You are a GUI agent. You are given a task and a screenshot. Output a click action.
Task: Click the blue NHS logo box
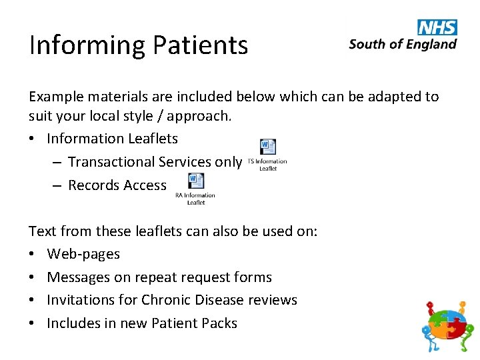[x=437, y=27]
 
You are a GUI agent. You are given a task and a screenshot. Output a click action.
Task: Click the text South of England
[x=403, y=44]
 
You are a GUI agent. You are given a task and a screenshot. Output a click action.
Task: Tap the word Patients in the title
[x=201, y=46]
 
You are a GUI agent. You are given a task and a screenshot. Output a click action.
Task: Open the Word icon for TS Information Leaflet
[x=267, y=147]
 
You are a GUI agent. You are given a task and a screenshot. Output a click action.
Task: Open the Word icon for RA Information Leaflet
[x=195, y=181]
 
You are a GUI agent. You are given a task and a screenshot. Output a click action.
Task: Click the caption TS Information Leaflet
[x=267, y=165]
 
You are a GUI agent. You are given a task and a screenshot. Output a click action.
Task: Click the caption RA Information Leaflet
[x=195, y=199]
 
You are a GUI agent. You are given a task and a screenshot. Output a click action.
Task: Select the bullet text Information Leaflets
[x=112, y=139]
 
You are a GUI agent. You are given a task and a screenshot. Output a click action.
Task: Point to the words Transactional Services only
[x=155, y=162]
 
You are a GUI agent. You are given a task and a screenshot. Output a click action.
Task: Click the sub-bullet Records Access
[x=117, y=185]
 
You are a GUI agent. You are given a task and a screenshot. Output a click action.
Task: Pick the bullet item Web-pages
[x=83, y=254]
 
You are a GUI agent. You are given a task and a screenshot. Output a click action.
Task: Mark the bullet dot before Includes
[x=33, y=323]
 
